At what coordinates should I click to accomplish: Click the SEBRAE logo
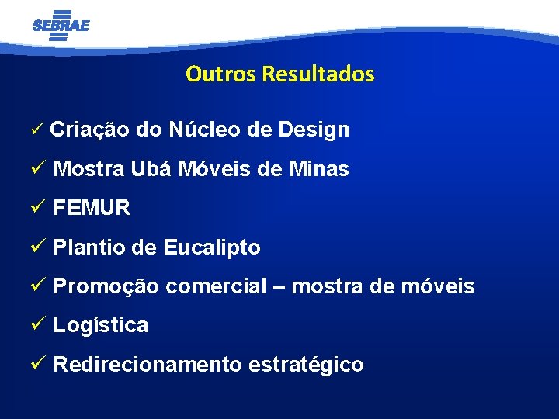(x=61, y=25)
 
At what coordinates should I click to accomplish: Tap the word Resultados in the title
(x=318, y=74)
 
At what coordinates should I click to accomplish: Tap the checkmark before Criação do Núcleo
(x=40, y=130)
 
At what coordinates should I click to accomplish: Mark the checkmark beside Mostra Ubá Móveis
(x=40, y=168)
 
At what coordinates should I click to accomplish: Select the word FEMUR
(x=92, y=208)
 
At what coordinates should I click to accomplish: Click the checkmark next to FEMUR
(x=40, y=208)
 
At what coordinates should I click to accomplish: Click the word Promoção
(x=106, y=286)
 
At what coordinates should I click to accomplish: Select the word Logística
(x=100, y=325)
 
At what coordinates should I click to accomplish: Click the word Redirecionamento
(x=148, y=365)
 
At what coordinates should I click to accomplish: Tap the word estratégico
(x=306, y=365)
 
